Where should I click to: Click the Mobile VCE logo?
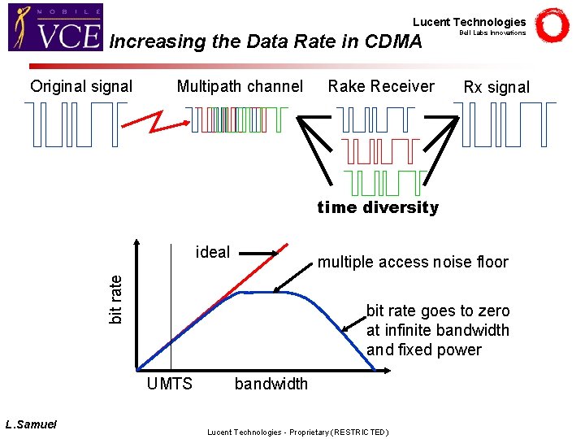(x=56, y=28)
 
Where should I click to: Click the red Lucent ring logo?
(x=552, y=26)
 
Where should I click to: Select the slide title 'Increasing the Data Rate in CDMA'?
(x=266, y=41)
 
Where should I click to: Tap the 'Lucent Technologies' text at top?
(x=469, y=22)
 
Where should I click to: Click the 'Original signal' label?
(x=81, y=86)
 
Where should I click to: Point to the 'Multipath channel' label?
(x=240, y=86)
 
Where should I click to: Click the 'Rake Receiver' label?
(x=381, y=86)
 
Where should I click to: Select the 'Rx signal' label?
(x=496, y=87)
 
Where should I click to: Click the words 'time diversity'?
(x=378, y=207)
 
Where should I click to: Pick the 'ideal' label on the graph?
(x=213, y=252)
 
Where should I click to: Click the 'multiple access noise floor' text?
(x=413, y=262)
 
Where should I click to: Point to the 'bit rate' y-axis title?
(x=116, y=298)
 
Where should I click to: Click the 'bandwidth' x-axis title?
(x=271, y=384)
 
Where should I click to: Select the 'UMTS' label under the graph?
(x=170, y=384)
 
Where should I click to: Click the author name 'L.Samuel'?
(x=31, y=424)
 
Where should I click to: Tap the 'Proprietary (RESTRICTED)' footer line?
(x=298, y=432)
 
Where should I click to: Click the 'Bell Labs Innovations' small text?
(x=492, y=33)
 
